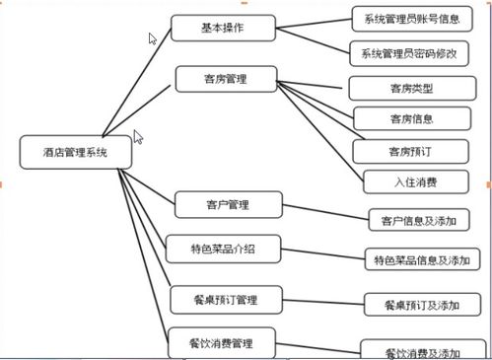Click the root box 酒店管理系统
68,153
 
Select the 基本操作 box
222,28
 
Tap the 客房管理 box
226,78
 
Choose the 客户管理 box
227,205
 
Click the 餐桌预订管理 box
226,297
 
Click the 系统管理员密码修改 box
409,53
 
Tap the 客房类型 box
412,88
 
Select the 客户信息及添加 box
418,219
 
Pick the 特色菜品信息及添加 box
421,260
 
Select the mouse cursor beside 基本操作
153,39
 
